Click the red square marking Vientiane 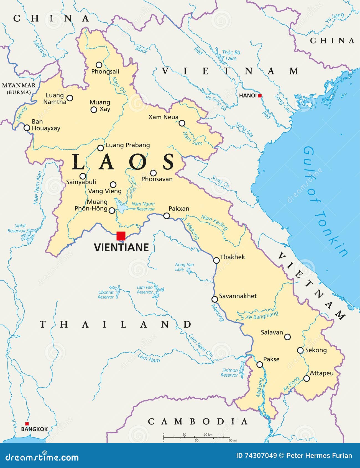(121, 236)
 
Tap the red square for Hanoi (260, 96)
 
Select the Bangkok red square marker (27, 424)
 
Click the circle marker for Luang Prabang (100, 148)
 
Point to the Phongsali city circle (99, 65)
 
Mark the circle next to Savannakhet (215, 299)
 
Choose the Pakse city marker (259, 364)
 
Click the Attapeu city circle (307, 378)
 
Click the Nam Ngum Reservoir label (143, 206)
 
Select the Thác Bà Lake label (231, 55)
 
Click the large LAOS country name (123, 162)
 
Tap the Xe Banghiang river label (261, 316)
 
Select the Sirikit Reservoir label (17, 228)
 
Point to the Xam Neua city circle (182, 123)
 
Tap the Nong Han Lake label (184, 267)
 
